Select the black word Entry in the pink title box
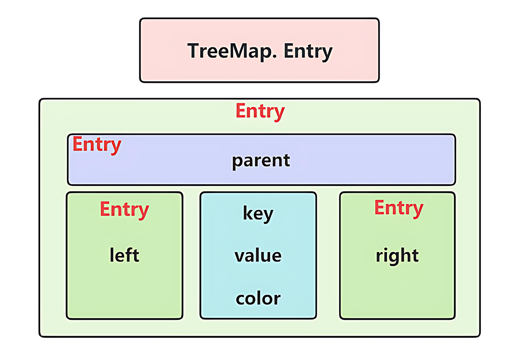click(308, 51)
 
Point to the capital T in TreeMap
click(193, 51)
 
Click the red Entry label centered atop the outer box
click(260, 111)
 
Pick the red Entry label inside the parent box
click(96, 144)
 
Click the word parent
click(261, 161)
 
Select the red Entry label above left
click(124, 210)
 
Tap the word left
click(124, 255)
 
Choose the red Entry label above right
click(399, 208)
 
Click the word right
click(397, 255)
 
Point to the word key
click(258, 213)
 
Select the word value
click(258, 255)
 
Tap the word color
click(258, 298)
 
